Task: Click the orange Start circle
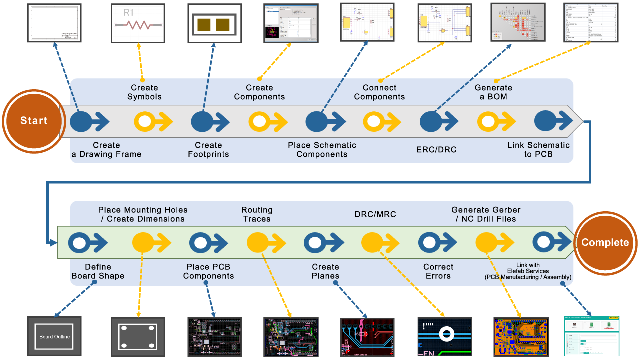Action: [34, 121]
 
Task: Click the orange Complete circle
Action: [605, 243]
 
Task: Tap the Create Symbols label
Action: [144, 92]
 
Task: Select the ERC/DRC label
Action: [436, 150]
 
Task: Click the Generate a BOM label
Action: [493, 92]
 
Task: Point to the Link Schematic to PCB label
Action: [538, 150]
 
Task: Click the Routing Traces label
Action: [257, 214]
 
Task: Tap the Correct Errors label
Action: [438, 271]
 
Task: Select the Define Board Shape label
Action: [98, 271]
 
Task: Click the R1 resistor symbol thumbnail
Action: [138, 24]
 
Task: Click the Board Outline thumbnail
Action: [54, 336]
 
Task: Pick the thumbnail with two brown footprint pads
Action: [214, 24]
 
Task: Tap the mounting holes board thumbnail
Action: [138, 336]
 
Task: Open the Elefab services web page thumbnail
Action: [591, 336]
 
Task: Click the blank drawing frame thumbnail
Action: [54, 23]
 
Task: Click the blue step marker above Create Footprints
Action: [202, 121]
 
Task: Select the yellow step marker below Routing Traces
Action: [258, 243]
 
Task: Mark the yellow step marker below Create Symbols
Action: [145, 121]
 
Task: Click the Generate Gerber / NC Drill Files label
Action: [486, 214]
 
